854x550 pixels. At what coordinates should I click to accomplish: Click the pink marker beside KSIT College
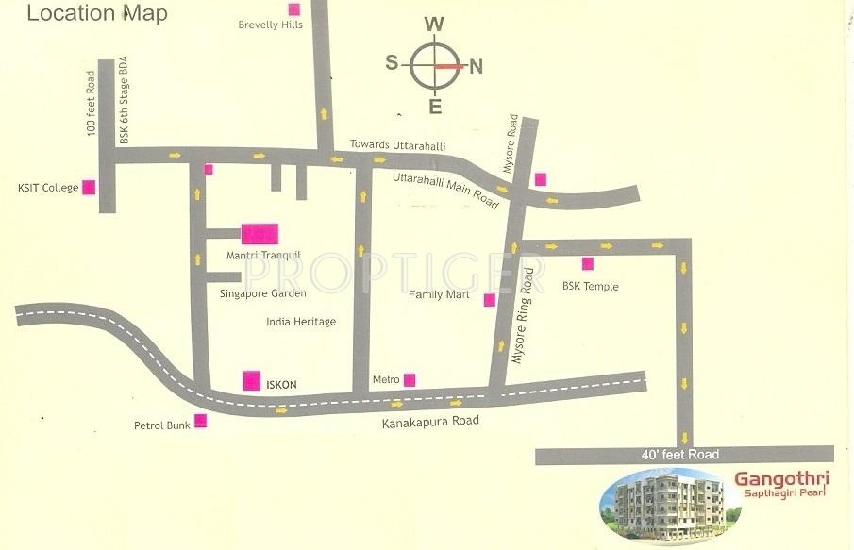[x=89, y=187]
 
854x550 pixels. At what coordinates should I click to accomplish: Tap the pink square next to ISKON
[x=252, y=380]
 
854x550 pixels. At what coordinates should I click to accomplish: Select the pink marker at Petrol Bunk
[x=200, y=422]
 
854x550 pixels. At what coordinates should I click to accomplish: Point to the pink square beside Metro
[x=410, y=380]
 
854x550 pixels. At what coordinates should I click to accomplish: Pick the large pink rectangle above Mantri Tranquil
[x=260, y=233]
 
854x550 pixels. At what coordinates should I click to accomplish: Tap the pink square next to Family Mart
[x=489, y=300]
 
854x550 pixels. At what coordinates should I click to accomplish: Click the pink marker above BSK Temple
[x=588, y=263]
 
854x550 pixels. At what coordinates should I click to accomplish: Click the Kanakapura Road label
[x=430, y=421]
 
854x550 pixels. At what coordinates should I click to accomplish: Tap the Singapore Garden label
[x=262, y=293]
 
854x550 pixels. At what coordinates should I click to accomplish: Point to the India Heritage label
[x=301, y=322]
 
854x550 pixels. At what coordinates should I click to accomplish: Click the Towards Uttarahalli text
[x=397, y=145]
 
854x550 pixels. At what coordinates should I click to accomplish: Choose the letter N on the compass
[x=477, y=66]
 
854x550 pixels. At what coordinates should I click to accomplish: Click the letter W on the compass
[x=433, y=24]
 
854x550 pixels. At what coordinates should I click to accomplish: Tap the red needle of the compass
[x=448, y=67]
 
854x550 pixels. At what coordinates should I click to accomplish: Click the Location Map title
[x=97, y=13]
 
